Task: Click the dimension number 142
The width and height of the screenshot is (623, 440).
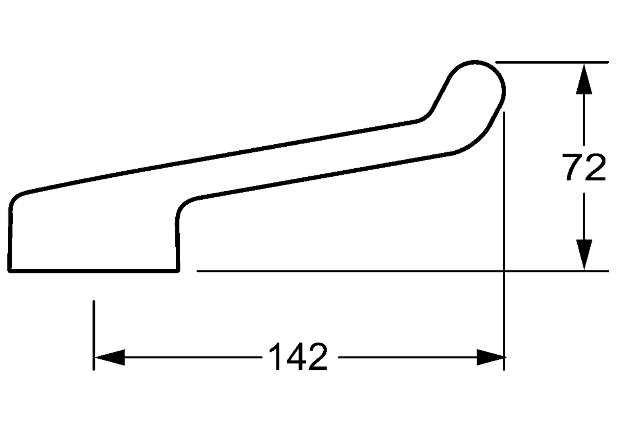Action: point(298,356)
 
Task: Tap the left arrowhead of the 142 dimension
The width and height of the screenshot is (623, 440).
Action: point(109,357)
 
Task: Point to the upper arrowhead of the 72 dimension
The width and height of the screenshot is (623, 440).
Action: point(584,79)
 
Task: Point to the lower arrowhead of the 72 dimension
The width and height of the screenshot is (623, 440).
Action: point(584,255)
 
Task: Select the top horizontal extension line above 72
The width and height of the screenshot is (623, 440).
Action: point(550,62)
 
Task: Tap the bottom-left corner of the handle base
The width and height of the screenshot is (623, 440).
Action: point(10,270)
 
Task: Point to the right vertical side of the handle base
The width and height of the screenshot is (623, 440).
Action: point(177,240)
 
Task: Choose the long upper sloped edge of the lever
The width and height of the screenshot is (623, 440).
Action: point(220,156)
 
